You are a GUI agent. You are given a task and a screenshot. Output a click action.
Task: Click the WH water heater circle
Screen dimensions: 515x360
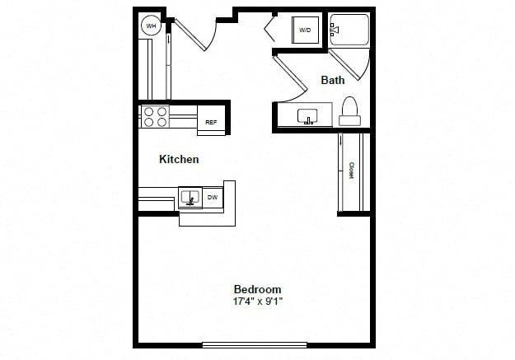point(151,26)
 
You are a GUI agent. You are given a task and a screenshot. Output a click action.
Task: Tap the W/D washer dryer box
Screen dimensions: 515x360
point(306,30)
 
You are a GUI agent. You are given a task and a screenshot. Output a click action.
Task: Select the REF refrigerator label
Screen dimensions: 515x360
point(211,122)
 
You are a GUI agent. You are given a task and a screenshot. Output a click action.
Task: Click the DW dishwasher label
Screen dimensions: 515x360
point(213,198)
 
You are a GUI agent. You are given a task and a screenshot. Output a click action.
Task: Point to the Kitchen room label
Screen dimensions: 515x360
point(179,159)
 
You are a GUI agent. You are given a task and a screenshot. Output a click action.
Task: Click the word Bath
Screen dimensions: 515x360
point(333,80)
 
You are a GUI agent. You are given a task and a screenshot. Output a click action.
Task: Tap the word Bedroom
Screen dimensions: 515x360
point(257,289)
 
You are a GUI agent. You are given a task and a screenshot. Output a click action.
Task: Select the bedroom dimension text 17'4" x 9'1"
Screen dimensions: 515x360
point(258,302)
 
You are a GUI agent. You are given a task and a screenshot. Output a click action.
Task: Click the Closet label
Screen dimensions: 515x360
point(351,171)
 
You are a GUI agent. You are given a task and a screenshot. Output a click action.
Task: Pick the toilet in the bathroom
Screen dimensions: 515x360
point(349,111)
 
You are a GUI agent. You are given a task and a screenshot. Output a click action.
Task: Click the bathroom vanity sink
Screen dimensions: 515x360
point(307,117)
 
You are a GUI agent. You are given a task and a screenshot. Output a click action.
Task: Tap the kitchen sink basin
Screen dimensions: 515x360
point(190,197)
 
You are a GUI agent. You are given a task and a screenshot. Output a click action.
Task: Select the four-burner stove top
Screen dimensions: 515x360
point(155,117)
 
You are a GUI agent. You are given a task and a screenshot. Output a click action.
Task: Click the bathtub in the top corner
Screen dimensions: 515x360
point(349,30)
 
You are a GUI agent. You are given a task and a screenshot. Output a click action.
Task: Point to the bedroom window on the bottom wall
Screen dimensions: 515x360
point(255,344)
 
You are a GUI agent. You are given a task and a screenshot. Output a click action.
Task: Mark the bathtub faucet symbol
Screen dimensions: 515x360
point(335,30)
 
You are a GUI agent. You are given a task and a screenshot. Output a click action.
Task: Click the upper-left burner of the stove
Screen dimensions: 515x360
point(149,112)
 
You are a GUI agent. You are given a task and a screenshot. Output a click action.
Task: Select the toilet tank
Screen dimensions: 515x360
point(350,120)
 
